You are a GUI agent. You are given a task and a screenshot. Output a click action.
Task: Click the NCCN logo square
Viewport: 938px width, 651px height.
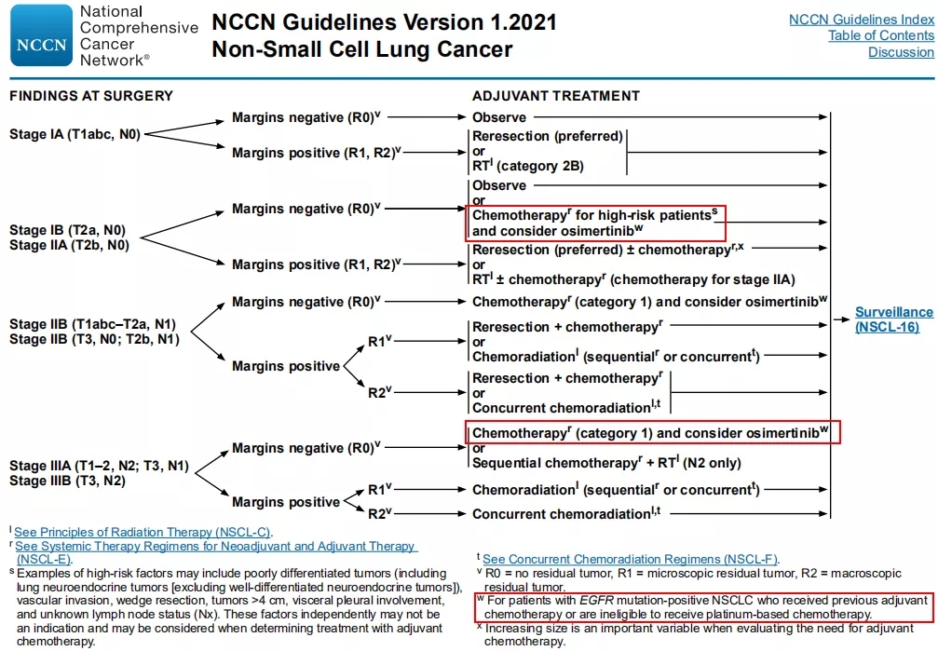tap(41, 35)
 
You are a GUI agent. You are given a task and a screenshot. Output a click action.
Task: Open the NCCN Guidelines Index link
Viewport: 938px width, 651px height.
tap(861, 20)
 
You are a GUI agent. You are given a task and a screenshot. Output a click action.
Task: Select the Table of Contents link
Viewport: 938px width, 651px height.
tap(880, 36)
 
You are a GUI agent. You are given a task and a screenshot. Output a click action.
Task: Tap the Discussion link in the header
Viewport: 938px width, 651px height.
tap(901, 53)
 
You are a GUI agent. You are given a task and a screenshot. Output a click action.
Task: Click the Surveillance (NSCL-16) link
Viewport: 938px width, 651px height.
tap(893, 319)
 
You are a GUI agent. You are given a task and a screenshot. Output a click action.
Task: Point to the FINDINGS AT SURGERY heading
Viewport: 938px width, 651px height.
tap(91, 96)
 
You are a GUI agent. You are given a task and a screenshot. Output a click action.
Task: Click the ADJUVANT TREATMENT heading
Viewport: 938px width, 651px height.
tap(556, 96)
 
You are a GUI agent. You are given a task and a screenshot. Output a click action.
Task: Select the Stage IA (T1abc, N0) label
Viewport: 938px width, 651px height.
tap(75, 134)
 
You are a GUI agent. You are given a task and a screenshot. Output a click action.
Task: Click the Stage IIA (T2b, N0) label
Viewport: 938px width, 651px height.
tap(69, 246)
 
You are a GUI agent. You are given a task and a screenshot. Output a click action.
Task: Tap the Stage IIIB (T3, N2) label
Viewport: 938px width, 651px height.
tap(67, 481)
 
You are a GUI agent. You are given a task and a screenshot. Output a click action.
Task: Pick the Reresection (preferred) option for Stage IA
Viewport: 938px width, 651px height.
tap(547, 136)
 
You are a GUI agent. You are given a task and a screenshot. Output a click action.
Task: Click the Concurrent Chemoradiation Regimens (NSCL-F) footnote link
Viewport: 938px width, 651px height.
tap(630, 559)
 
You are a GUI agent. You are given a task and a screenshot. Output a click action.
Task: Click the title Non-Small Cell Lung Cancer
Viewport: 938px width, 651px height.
tap(361, 49)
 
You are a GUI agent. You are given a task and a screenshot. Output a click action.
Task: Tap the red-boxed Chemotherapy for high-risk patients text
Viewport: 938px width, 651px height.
tap(594, 216)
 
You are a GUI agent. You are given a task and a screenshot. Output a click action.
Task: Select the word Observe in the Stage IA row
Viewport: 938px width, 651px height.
tap(498, 117)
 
